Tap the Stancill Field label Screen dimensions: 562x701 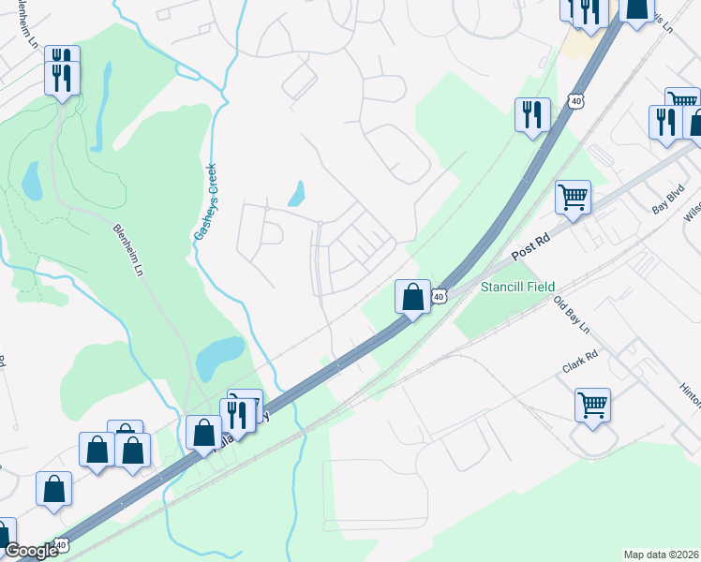coord(517,287)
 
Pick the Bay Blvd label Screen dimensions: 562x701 coord(667,200)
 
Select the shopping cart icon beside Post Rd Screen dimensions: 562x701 coord(573,198)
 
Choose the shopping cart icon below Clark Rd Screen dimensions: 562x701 coord(592,406)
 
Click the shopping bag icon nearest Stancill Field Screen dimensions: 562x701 coord(412,297)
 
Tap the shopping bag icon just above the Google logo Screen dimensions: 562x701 coord(53,488)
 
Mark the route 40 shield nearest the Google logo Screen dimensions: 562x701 coord(61,544)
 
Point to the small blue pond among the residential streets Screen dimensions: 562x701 coord(297,193)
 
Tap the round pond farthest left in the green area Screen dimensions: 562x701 coord(31,181)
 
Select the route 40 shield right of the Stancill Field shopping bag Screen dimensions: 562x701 coord(439,297)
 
